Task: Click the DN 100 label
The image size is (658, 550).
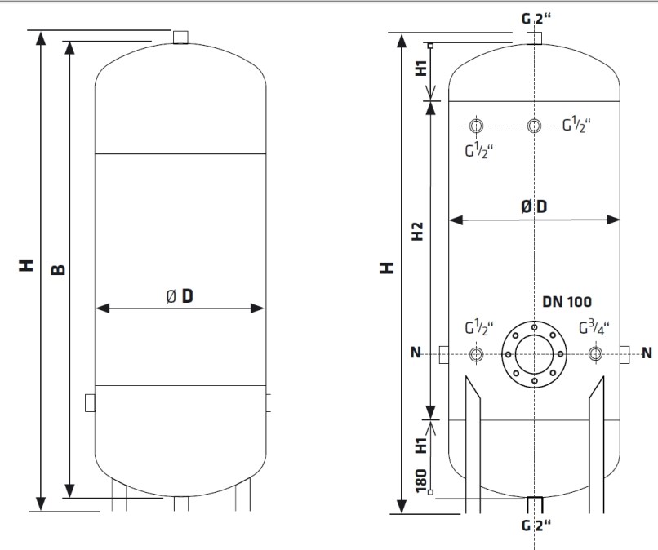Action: [x=567, y=302]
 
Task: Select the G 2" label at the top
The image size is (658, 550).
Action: [x=536, y=19]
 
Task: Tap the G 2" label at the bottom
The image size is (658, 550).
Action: [x=536, y=525]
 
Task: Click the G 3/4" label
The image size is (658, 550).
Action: [x=594, y=328]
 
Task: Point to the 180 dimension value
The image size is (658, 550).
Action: [x=421, y=481]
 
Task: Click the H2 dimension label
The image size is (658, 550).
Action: [x=417, y=231]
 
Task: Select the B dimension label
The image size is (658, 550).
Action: [x=58, y=269]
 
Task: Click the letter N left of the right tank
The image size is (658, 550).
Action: [x=416, y=353]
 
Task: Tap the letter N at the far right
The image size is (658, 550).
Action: [x=647, y=353]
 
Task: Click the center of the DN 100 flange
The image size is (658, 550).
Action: [x=534, y=354]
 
